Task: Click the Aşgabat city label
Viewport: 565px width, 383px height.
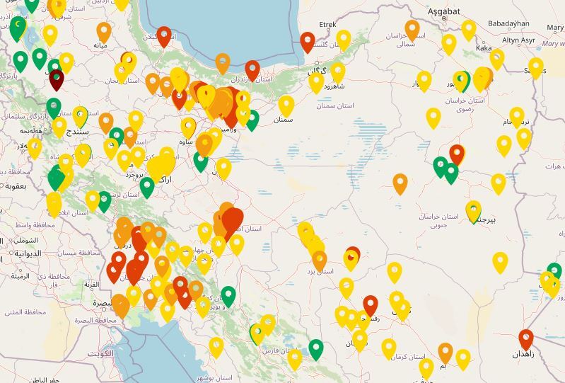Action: click(444, 11)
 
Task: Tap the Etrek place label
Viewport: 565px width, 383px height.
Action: click(328, 25)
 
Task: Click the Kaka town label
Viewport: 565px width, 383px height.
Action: click(484, 48)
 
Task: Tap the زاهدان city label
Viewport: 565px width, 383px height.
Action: click(527, 353)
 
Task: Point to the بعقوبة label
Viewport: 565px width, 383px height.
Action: click(16, 186)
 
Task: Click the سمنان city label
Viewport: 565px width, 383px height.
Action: click(283, 120)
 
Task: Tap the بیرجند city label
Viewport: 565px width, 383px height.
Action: click(484, 219)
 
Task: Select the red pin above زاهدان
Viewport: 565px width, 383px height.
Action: click(525, 338)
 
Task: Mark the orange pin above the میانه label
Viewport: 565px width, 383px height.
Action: click(104, 30)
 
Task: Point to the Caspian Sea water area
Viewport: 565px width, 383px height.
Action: click(219, 28)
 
